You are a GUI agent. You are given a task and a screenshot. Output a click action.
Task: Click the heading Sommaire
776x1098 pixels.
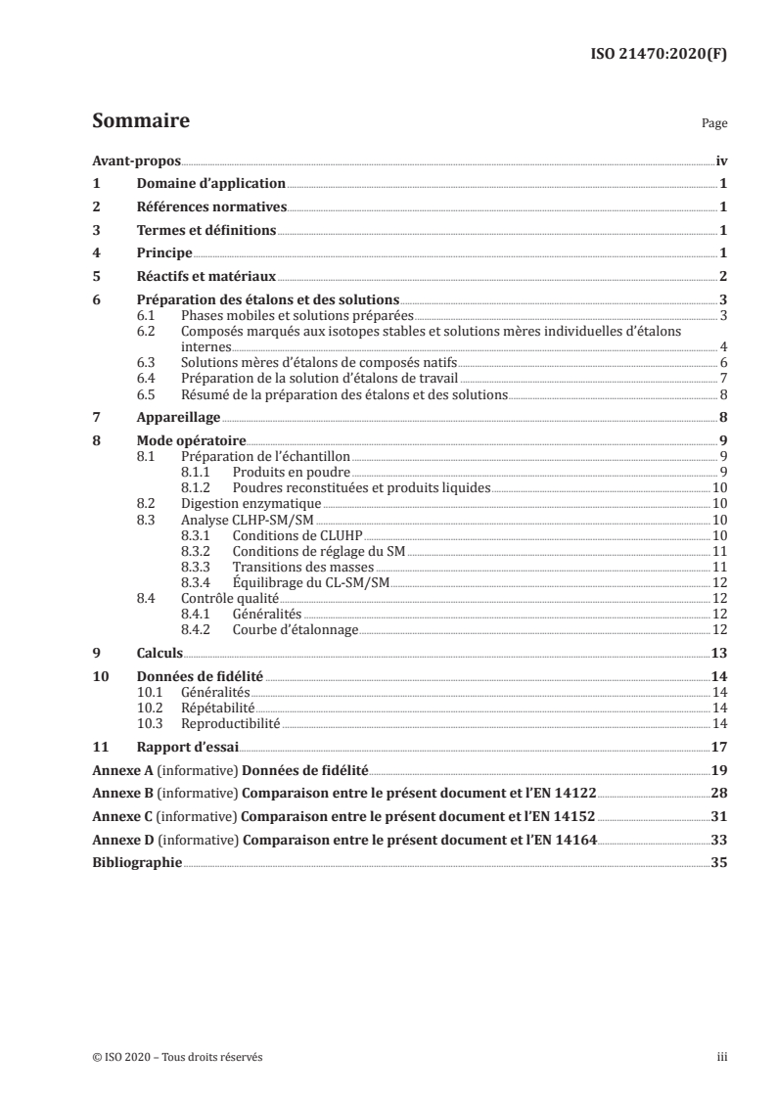(140, 122)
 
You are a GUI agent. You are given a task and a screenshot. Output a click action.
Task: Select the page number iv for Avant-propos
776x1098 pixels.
(720, 160)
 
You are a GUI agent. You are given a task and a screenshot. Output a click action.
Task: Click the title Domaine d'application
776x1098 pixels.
(210, 184)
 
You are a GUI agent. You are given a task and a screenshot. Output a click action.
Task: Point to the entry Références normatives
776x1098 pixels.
(211, 207)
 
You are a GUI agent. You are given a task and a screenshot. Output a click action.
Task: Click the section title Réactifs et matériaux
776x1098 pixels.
(206, 277)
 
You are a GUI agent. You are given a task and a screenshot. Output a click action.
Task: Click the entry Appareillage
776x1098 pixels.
(178, 416)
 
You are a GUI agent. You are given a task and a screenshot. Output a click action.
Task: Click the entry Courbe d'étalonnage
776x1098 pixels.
(296, 629)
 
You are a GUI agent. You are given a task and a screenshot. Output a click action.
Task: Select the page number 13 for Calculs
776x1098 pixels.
(718, 652)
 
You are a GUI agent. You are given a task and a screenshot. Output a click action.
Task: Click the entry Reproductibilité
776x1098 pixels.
(231, 723)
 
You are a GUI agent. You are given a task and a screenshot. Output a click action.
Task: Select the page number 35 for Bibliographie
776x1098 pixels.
(718, 863)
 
